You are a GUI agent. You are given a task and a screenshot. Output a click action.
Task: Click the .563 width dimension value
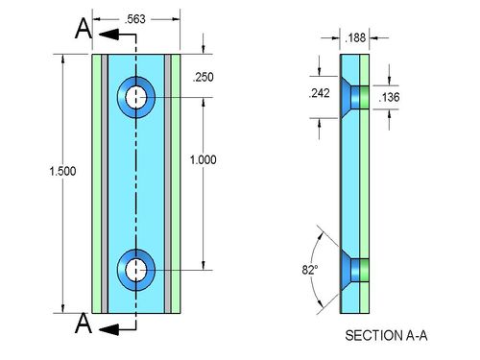click(134, 19)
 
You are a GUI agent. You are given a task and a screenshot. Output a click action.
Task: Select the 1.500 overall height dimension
click(62, 171)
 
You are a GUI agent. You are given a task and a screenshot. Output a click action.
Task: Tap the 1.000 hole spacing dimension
click(204, 159)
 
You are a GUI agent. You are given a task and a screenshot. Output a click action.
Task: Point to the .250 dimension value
click(204, 77)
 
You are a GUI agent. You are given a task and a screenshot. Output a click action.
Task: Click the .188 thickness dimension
click(355, 37)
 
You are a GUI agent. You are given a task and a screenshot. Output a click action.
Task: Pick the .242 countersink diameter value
click(319, 93)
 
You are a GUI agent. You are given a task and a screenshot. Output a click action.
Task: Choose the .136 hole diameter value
click(389, 97)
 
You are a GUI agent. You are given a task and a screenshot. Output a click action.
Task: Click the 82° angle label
click(310, 270)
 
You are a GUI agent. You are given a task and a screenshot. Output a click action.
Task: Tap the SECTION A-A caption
click(386, 335)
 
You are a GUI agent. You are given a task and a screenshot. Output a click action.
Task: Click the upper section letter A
click(84, 29)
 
